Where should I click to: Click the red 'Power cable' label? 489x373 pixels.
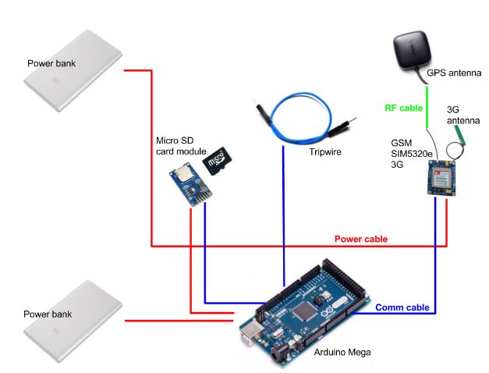(x=361, y=239)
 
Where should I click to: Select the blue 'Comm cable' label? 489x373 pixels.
(x=402, y=308)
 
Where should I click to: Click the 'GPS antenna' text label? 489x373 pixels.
(x=454, y=73)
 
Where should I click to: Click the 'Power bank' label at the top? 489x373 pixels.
(x=51, y=62)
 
